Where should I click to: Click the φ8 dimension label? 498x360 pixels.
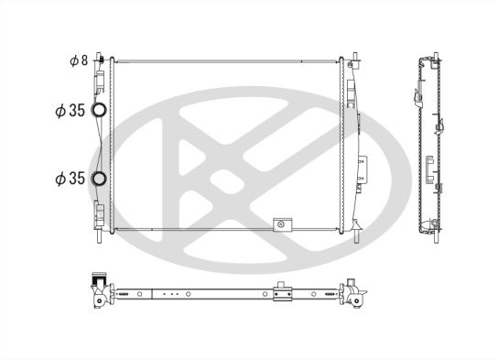[78, 60]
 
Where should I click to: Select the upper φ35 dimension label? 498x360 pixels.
[70, 111]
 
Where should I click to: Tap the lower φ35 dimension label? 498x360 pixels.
[70, 178]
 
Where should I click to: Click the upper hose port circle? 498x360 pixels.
[101, 112]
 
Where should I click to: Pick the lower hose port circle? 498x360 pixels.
[101, 178]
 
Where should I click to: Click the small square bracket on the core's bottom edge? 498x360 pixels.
[283, 223]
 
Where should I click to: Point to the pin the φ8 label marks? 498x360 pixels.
[101, 58]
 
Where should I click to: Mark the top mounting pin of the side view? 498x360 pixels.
[427, 58]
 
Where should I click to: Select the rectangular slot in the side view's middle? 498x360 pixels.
[429, 165]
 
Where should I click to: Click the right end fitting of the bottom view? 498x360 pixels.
[353, 293]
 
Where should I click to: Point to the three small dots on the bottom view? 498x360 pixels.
[168, 295]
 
